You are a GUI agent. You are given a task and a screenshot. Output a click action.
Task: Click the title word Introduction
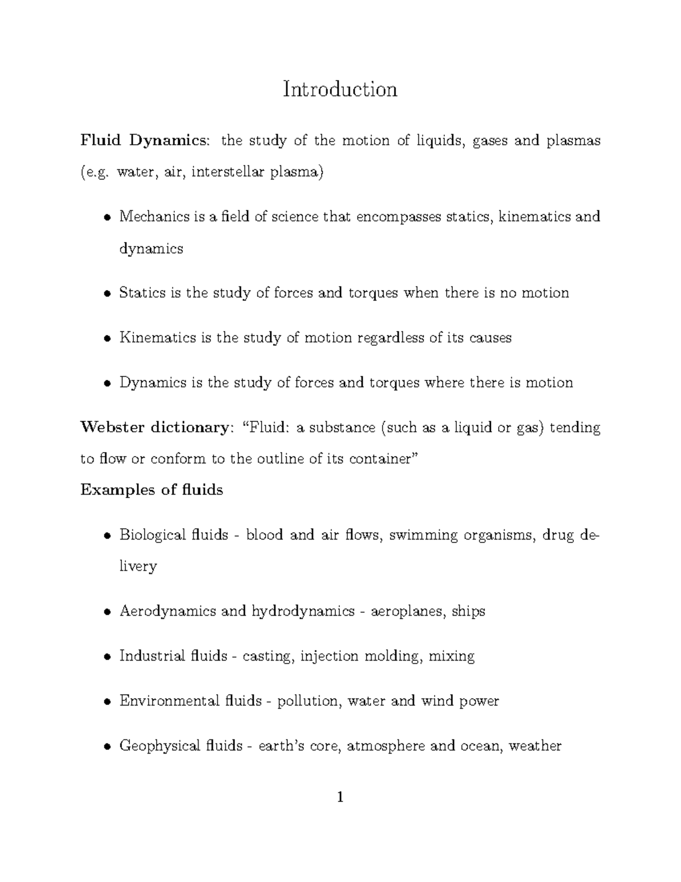click(340, 89)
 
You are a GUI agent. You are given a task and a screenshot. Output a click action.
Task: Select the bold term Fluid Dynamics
click(144, 140)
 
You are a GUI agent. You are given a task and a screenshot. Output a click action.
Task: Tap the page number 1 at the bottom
click(340, 797)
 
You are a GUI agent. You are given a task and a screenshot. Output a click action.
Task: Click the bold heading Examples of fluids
click(152, 490)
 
